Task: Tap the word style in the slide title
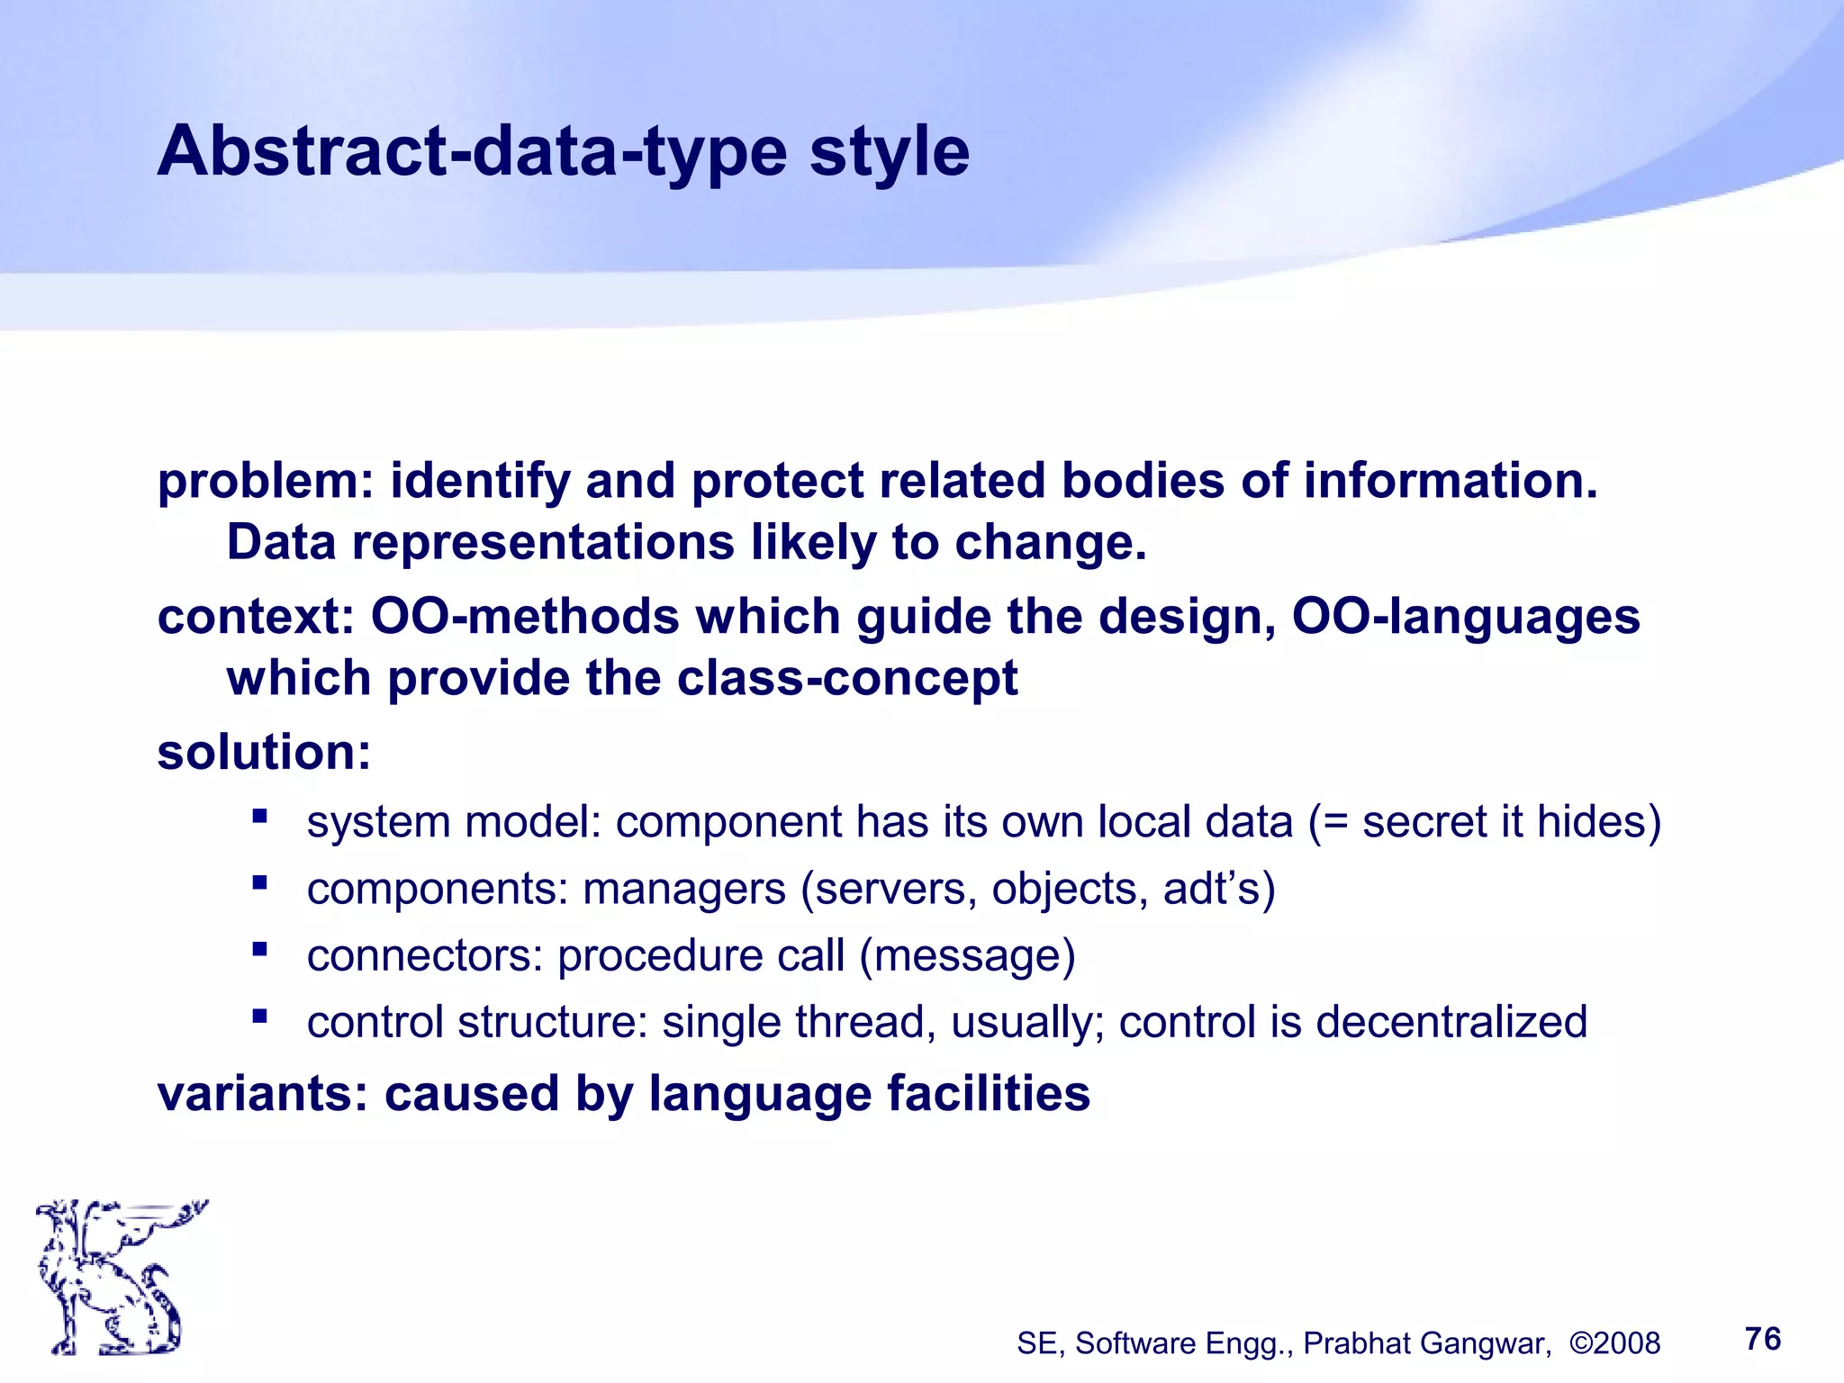coord(889,151)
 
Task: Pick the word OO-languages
coord(1466,617)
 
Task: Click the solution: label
coord(264,752)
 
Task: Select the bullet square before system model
coord(260,817)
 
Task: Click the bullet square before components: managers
coord(260,882)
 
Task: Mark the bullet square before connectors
coord(260,949)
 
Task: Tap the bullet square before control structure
coord(260,1017)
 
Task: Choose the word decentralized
coord(1451,1023)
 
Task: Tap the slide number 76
coord(1762,1339)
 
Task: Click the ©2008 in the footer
coord(1614,1343)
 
